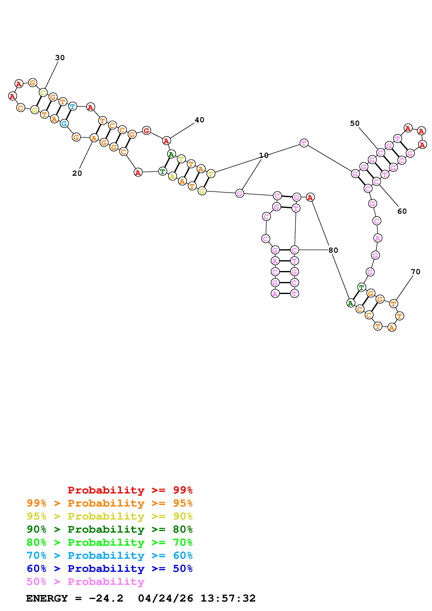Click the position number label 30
click(x=60, y=58)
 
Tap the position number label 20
click(x=77, y=173)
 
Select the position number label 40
click(x=199, y=120)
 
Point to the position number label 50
click(x=355, y=123)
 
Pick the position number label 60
click(x=402, y=211)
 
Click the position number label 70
click(x=415, y=272)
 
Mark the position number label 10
click(x=264, y=155)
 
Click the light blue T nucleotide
click(x=72, y=106)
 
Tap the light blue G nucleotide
click(x=64, y=123)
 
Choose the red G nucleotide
click(x=146, y=130)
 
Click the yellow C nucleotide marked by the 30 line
click(x=43, y=93)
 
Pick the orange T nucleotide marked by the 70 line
click(x=393, y=303)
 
